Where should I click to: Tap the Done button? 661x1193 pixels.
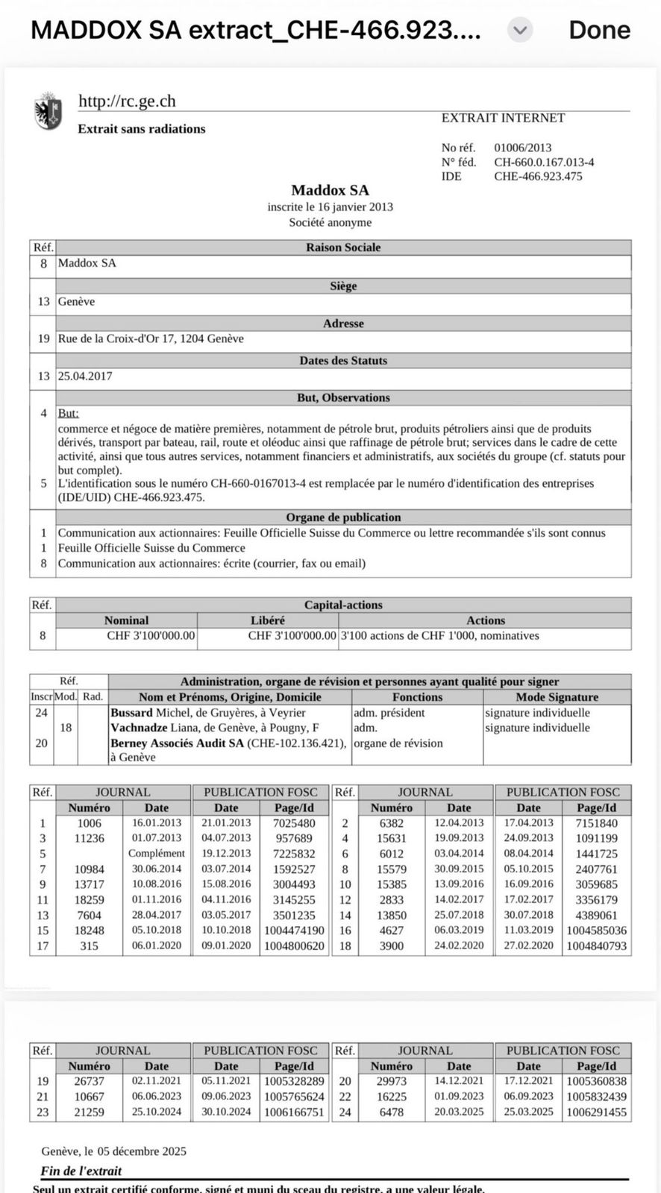pos(599,30)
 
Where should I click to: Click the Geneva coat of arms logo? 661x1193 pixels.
pos(48,112)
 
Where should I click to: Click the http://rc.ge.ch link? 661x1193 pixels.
pos(127,101)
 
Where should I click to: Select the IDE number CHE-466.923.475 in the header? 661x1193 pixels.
pos(538,177)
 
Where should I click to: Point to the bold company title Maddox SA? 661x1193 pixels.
pos(330,190)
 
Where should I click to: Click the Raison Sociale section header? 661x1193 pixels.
pos(343,248)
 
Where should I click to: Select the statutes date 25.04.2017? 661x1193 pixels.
pos(85,376)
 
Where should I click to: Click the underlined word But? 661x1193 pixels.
pos(68,413)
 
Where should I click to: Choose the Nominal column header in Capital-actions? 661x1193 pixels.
pos(126,620)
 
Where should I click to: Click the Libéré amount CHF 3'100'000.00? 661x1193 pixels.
pos(292,636)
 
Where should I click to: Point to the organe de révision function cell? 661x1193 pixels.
pos(398,743)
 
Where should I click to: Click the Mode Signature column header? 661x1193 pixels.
pos(557,697)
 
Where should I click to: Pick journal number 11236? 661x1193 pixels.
pos(90,838)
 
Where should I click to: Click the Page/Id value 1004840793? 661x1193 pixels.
pos(596,945)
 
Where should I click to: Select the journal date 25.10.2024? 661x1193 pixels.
pos(156,1112)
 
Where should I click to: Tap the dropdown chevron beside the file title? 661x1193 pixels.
pos(520,31)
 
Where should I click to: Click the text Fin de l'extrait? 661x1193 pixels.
pos(81,1171)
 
